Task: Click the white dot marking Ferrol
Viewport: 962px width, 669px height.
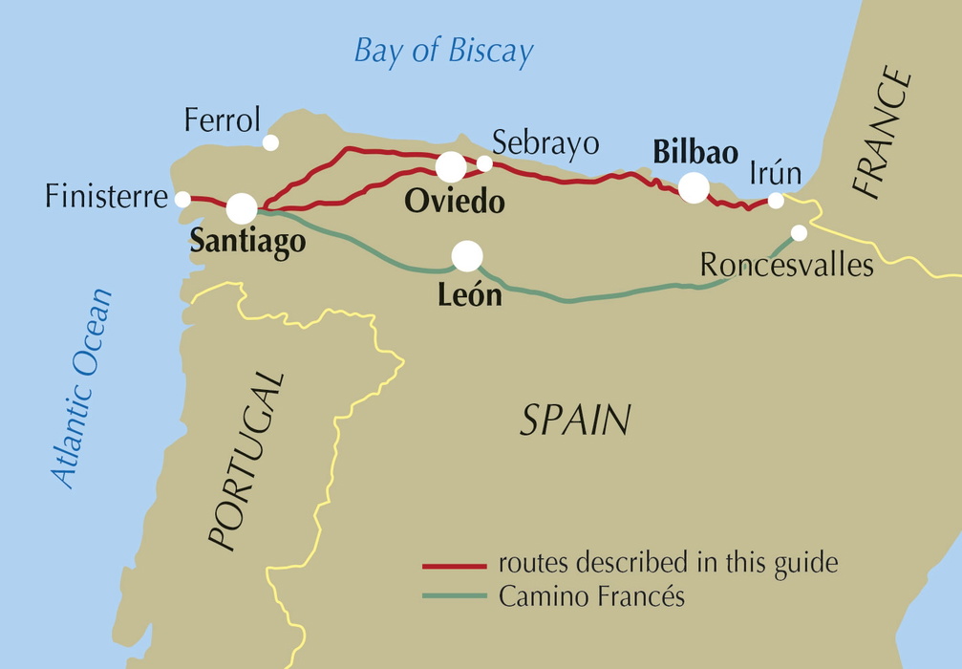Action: click(270, 142)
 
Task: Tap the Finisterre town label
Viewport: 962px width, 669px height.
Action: click(106, 198)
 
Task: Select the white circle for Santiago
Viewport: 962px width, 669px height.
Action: click(242, 208)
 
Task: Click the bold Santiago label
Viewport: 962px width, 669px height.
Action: click(247, 243)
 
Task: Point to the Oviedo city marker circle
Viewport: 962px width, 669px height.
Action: click(451, 166)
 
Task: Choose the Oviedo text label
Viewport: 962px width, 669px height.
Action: click(454, 203)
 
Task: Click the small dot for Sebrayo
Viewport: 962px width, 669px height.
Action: click(484, 163)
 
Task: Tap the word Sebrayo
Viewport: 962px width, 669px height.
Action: click(545, 143)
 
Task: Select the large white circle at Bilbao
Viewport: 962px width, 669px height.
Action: click(694, 187)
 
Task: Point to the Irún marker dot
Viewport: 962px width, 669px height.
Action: click(776, 201)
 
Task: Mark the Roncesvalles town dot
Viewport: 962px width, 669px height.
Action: click(799, 233)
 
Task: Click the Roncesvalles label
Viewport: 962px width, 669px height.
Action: click(786, 265)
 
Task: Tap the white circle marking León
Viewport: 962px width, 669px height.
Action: click(467, 256)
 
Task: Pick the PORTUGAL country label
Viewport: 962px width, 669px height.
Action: click(246, 462)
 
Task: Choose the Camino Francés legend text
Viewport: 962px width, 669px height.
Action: click(591, 596)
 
